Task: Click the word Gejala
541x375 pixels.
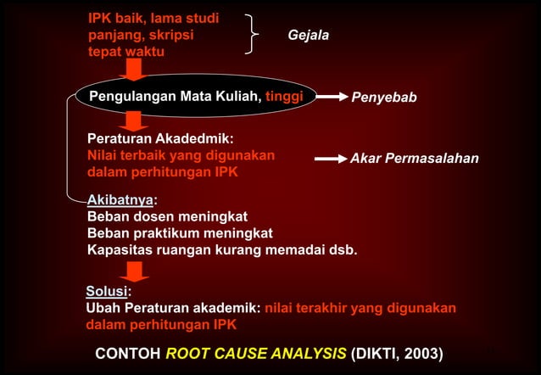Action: point(309,36)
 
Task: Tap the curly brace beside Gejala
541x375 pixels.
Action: point(252,34)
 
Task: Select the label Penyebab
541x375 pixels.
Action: point(384,98)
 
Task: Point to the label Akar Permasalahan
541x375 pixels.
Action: point(415,159)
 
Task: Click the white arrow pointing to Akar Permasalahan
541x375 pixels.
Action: point(331,159)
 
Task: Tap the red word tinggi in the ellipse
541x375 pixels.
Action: point(284,97)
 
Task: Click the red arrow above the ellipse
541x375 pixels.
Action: point(134,69)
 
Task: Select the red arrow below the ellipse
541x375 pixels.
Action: point(134,120)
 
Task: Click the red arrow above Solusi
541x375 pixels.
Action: point(134,271)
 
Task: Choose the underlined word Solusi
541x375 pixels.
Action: point(106,292)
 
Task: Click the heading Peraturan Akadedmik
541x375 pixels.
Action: point(161,138)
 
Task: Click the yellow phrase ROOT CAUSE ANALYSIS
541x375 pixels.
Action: point(256,353)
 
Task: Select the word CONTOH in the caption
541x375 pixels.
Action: point(127,353)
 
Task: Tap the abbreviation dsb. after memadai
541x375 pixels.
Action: point(343,250)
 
